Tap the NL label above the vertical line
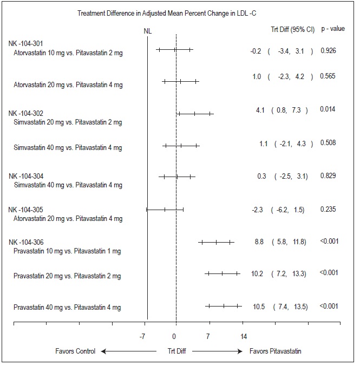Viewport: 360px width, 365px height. (147, 31)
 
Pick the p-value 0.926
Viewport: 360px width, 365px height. (329, 51)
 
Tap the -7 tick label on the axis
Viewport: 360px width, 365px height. (142, 336)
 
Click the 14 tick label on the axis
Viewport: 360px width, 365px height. (244, 336)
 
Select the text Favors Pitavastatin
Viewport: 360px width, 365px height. (276, 351)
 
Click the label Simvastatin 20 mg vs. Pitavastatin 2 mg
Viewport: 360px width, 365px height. (68, 122)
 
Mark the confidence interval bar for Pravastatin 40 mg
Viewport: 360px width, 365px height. (223, 307)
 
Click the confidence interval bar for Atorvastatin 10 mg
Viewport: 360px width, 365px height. (174, 50)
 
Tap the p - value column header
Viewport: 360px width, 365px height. (330, 27)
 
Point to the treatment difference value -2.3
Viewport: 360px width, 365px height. (258, 210)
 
